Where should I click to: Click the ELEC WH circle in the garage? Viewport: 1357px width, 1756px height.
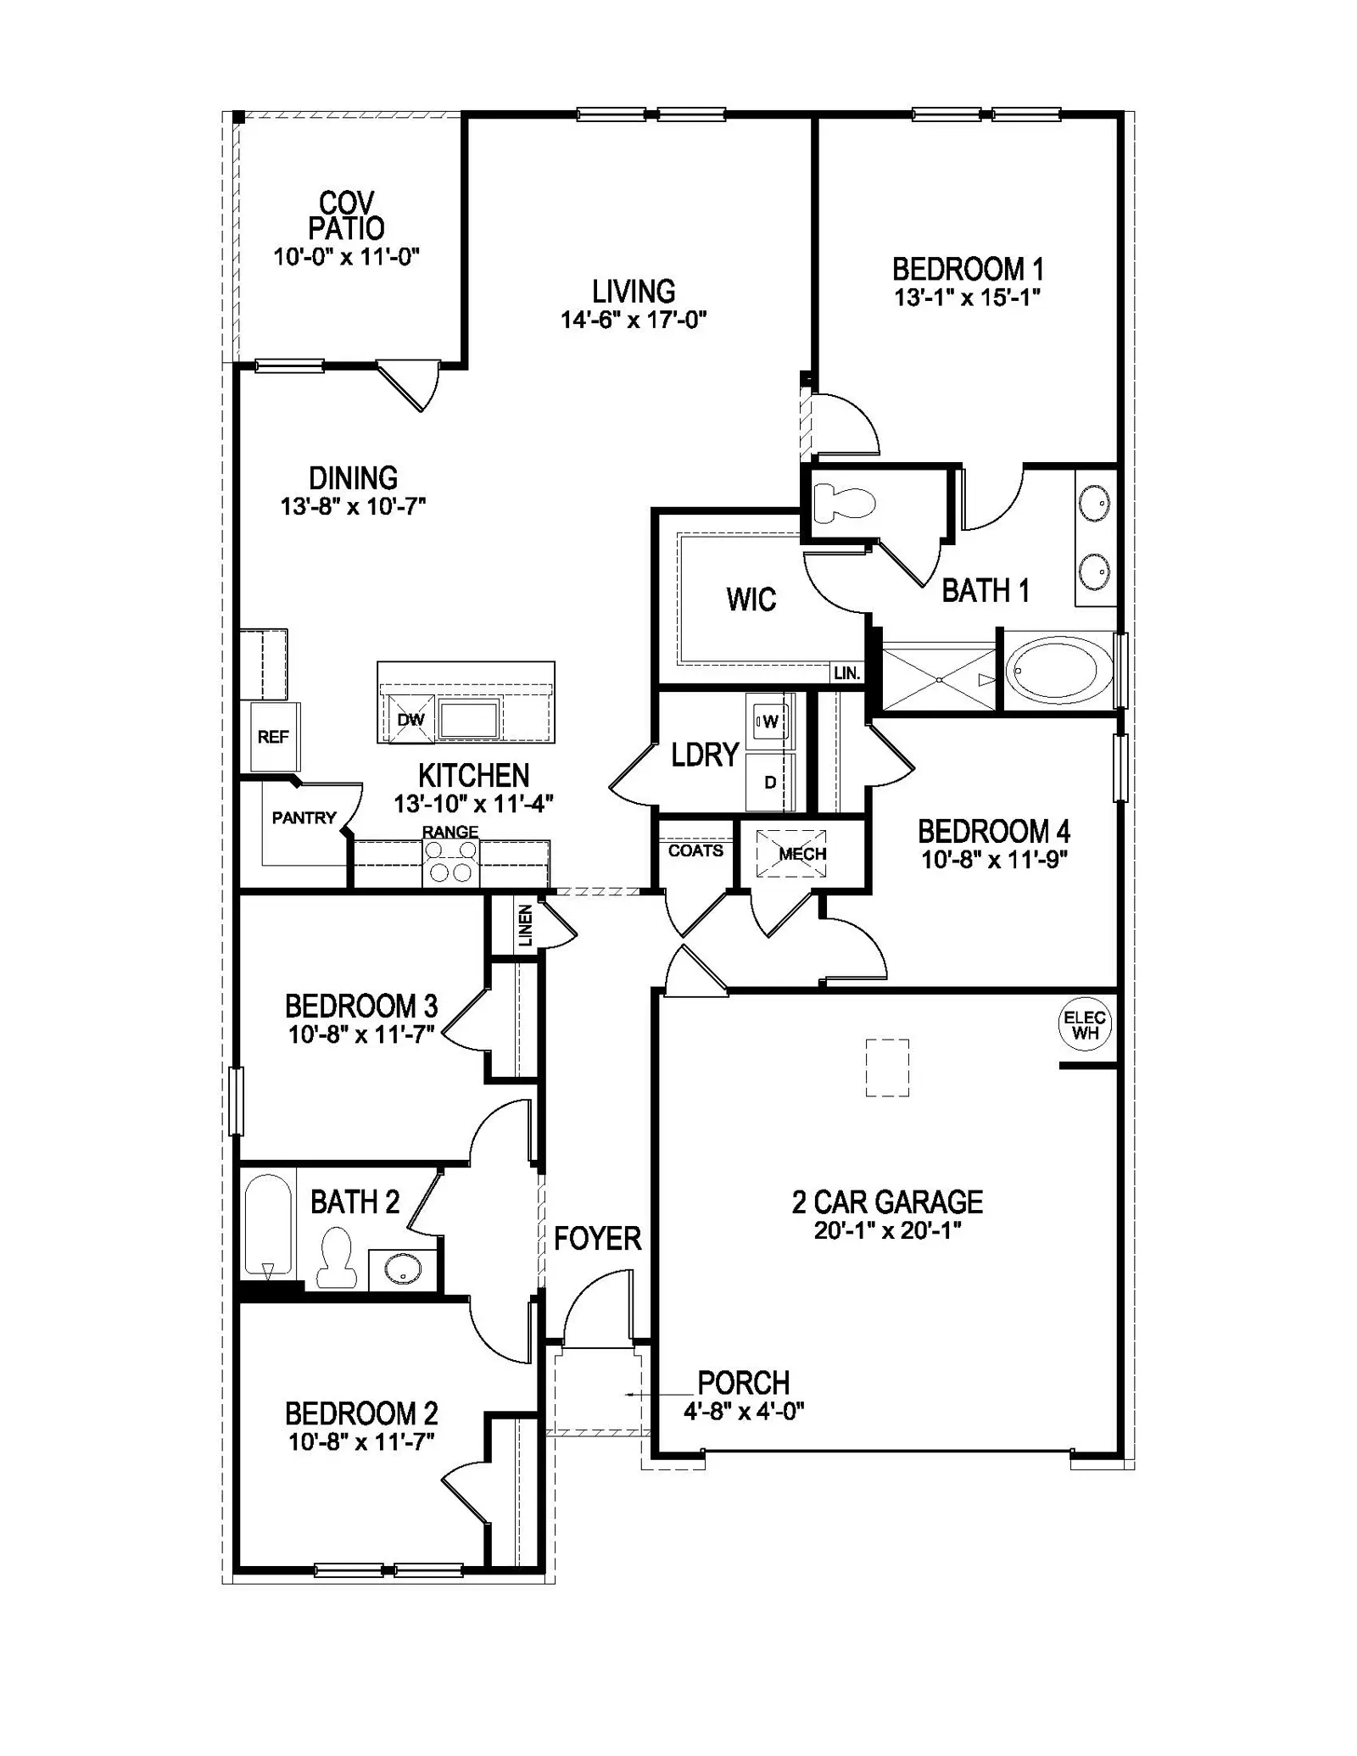point(1085,1025)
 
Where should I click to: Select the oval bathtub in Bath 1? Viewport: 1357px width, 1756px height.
point(1059,670)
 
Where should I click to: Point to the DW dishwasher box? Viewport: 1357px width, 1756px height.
point(410,719)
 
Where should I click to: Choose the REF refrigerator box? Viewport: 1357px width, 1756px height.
point(273,737)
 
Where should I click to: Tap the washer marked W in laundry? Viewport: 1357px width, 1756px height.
point(770,722)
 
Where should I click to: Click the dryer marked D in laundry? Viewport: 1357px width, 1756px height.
point(770,781)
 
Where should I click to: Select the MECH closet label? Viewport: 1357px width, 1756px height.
point(802,854)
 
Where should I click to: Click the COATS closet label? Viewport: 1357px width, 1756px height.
point(695,850)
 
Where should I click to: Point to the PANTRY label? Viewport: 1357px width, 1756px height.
point(304,817)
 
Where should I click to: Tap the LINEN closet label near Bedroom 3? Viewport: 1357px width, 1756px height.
point(525,925)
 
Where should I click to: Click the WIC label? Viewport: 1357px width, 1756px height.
point(751,599)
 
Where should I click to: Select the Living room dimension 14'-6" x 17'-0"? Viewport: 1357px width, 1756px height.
point(634,320)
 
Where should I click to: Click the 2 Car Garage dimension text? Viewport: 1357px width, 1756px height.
point(888,1230)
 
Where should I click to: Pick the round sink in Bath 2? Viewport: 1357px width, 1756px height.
point(401,1269)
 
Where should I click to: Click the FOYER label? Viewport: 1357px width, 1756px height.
point(598,1239)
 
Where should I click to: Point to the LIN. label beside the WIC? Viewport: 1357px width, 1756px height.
point(846,673)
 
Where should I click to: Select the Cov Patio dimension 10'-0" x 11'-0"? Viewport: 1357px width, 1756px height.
point(347,256)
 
